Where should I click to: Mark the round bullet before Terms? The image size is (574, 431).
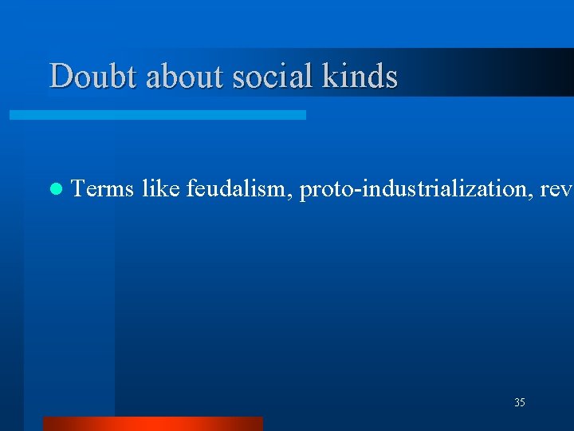click(54, 190)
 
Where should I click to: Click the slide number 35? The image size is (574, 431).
click(520, 403)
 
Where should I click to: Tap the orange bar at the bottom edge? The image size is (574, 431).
click(152, 424)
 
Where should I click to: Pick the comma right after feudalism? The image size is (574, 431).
click(292, 196)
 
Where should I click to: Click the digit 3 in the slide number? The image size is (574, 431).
click(517, 403)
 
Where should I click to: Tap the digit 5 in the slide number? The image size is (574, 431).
click(522, 403)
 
